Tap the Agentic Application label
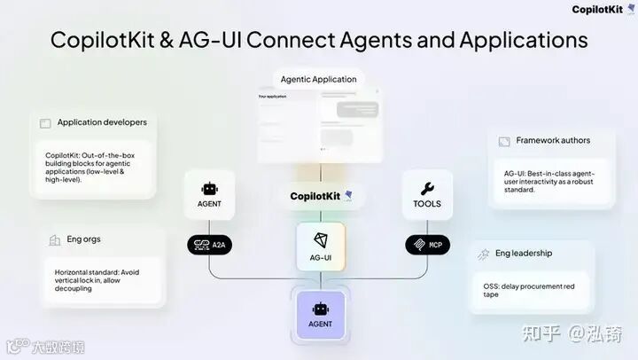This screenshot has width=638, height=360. (318, 79)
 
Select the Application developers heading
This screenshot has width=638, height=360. (102, 122)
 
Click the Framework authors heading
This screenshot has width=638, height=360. (553, 140)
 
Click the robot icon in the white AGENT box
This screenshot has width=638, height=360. (209, 189)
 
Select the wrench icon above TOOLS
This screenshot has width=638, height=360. (426, 188)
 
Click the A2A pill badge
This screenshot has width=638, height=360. (209, 244)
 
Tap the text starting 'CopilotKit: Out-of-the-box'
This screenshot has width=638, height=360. (94, 167)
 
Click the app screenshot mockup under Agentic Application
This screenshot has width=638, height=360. (320, 124)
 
